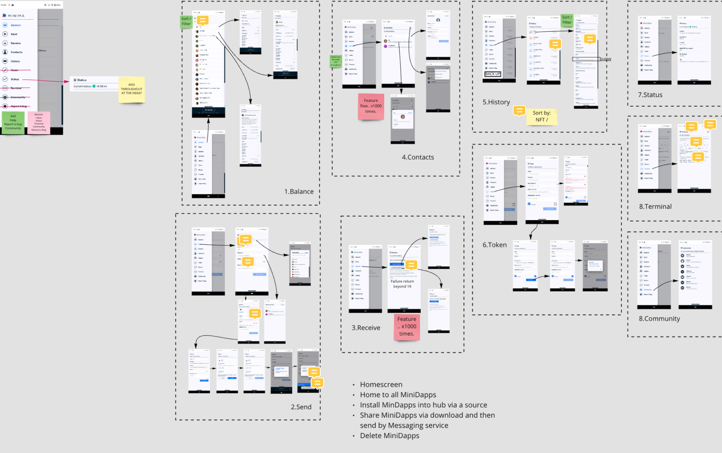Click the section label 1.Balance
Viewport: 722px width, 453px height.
tap(299, 192)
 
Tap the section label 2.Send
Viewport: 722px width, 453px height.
tap(301, 407)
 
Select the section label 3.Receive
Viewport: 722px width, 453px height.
tap(366, 328)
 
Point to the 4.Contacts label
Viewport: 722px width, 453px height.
tap(418, 157)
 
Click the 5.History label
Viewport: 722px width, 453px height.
tap(496, 102)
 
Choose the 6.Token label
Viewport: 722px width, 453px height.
tap(494, 245)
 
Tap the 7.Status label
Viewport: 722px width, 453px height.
tap(650, 95)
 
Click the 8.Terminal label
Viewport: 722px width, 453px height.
tap(655, 206)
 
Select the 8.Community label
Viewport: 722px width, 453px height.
tap(659, 319)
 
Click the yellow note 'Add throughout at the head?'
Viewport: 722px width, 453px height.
tap(132, 89)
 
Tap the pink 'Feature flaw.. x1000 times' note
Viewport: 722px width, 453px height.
tap(371, 106)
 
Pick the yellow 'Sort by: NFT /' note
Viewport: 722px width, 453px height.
tap(541, 116)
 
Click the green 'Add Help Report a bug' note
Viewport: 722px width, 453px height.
tap(13, 122)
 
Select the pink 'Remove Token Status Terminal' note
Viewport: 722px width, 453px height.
tap(39, 122)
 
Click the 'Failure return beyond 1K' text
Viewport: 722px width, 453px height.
tap(402, 284)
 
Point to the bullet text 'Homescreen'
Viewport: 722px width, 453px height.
tap(381, 384)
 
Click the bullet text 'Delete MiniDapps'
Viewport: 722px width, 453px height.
tap(389, 436)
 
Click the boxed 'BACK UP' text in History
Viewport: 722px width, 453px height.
tap(493, 74)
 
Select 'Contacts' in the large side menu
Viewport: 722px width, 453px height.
tap(16, 52)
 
